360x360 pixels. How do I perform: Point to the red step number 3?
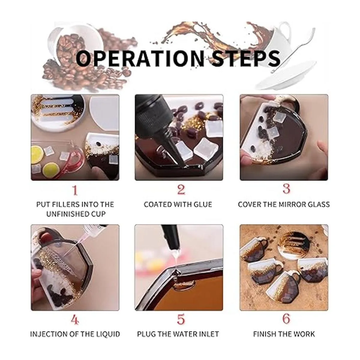point(286,189)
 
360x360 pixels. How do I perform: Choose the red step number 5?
point(181,319)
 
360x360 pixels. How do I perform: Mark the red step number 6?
point(286,319)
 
